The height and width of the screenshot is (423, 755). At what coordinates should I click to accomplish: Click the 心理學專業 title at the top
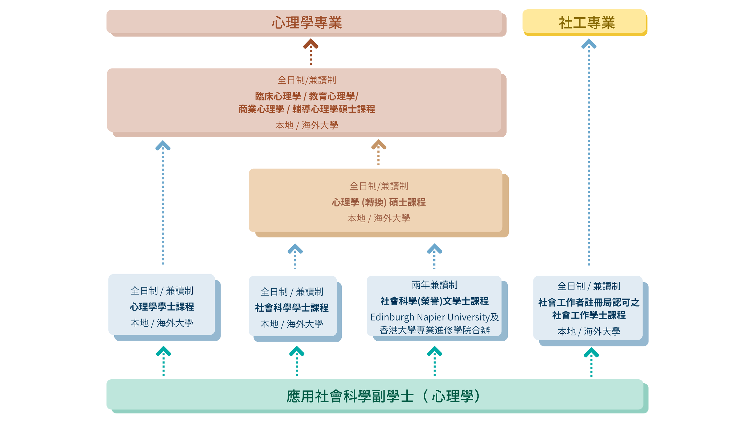click(306, 22)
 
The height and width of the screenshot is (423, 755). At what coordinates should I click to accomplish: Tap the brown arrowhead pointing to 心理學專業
click(311, 44)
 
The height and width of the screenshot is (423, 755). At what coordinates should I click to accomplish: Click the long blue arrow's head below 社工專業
click(588, 44)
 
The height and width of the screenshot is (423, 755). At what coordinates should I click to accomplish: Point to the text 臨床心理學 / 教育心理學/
click(306, 96)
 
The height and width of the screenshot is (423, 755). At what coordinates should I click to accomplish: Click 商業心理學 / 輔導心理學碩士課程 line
click(306, 109)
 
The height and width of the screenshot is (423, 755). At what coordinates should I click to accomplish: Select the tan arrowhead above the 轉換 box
click(378, 144)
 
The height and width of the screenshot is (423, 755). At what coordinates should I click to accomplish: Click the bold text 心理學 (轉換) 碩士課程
click(378, 202)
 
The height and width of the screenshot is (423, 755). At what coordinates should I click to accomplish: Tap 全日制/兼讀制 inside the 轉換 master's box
click(378, 186)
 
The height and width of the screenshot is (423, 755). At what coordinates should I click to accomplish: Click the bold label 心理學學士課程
click(162, 307)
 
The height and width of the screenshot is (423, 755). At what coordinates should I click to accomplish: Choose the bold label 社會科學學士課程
click(292, 308)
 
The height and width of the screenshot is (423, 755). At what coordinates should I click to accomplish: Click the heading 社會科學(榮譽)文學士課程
click(434, 301)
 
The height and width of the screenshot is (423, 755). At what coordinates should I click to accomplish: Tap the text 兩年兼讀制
click(434, 285)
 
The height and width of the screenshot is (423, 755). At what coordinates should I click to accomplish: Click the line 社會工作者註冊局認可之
click(588, 302)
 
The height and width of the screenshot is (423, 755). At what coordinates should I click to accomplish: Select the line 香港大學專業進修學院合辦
click(434, 330)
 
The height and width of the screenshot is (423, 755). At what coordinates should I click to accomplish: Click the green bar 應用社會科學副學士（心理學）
click(381, 396)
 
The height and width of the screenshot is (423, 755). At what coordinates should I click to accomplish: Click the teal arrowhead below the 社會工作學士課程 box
click(591, 352)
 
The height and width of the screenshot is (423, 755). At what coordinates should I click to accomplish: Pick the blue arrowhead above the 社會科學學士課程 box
click(295, 249)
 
